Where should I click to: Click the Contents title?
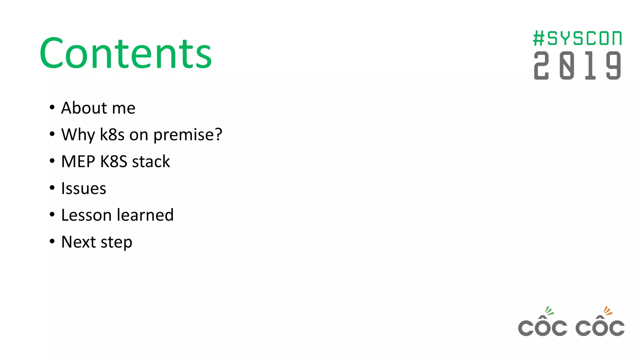point(126,53)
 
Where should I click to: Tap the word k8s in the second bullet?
point(112,135)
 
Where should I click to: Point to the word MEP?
point(78,162)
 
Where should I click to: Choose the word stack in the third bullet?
point(151,162)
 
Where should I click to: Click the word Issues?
point(84,189)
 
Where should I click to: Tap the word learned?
point(145,215)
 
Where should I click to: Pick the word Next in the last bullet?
point(78,242)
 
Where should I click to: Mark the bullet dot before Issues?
point(52,188)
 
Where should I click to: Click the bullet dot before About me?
point(52,107)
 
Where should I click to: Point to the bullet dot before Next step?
point(52,241)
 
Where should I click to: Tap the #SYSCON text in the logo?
point(577,38)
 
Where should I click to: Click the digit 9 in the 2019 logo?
point(613,66)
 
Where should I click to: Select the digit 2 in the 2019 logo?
point(541,66)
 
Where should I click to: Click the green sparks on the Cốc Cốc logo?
point(549,311)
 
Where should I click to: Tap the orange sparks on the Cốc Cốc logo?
point(607,311)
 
